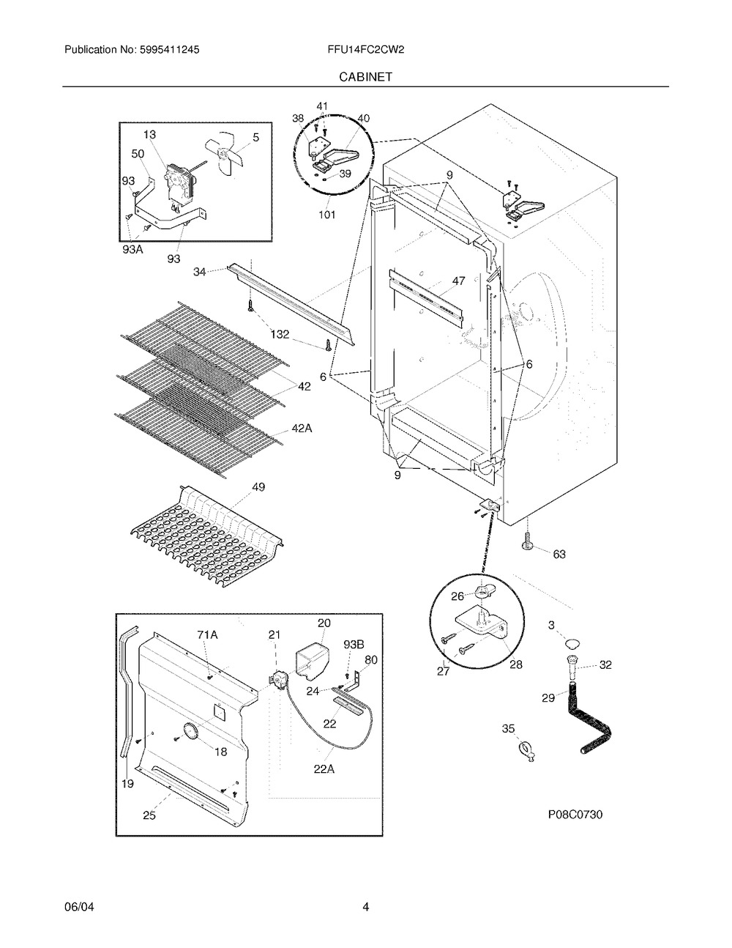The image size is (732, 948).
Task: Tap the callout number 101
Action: tap(326, 215)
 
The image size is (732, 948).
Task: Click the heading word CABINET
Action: tap(365, 75)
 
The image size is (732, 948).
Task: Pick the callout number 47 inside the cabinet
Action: tap(458, 281)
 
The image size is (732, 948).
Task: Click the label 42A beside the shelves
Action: tap(302, 429)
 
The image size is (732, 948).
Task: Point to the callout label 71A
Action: tap(207, 635)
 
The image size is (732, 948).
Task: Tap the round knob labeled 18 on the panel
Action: tap(189, 730)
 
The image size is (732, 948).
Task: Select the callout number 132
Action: tap(280, 334)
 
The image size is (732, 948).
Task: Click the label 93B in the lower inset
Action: tap(354, 644)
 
